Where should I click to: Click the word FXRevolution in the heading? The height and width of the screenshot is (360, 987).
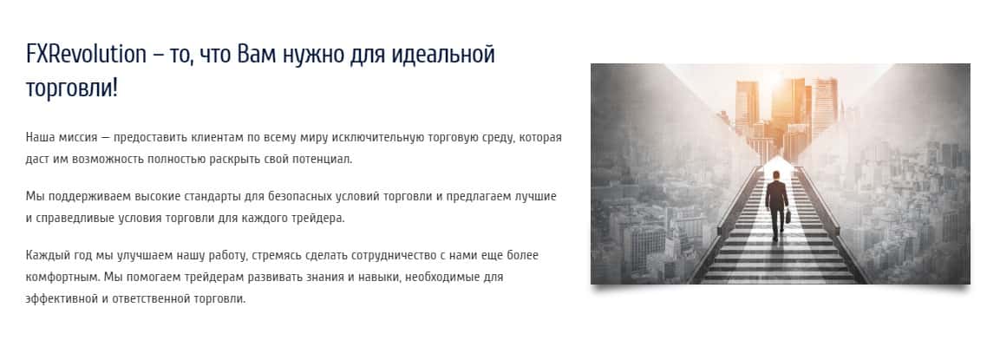(86, 55)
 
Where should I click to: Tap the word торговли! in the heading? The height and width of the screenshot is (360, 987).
(72, 88)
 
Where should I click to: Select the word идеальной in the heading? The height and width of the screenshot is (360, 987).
(443, 56)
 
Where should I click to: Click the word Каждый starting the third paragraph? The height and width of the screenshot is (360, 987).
(44, 256)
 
